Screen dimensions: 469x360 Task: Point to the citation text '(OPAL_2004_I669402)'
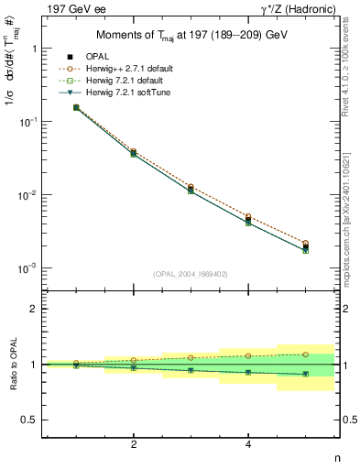[x=191, y=274]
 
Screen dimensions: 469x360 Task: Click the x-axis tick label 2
[x=134, y=444]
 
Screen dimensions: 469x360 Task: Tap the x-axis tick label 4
[x=248, y=444]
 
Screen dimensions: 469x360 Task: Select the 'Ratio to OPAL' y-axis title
[x=12, y=365]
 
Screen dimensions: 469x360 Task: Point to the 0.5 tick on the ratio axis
[x=29, y=420]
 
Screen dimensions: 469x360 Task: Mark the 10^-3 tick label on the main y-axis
[x=27, y=268]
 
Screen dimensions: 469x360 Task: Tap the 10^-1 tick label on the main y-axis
[x=27, y=122]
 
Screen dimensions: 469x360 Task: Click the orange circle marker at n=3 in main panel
[x=191, y=186]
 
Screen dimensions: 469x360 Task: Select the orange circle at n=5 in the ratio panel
[x=305, y=354]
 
